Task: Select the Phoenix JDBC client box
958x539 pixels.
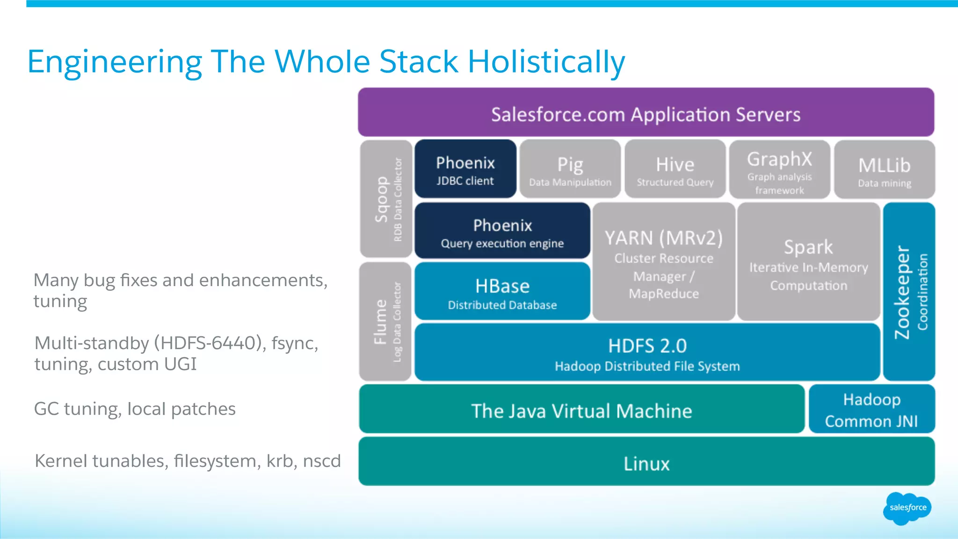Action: coord(465,169)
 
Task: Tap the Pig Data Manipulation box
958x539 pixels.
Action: coord(570,169)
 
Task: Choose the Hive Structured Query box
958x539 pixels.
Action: coord(675,169)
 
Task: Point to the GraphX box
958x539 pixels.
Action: coord(780,169)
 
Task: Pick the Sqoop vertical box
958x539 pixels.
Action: coord(386,199)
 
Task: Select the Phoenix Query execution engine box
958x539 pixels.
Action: coord(502,231)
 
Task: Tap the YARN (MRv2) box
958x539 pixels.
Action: coord(664,262)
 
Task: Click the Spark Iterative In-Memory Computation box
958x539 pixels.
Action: coord(809,262)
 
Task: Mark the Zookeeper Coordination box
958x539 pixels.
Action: coord(909,292)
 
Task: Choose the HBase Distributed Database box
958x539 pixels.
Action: coord(502,292)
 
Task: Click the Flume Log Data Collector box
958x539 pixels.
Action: coord(385,322)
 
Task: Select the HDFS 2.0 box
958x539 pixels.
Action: coord(647,352)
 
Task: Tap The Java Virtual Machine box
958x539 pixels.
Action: coord(581,410)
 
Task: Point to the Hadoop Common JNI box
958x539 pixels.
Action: coord(871,410)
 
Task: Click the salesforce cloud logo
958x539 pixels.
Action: coord(907,508)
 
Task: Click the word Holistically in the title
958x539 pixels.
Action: coord(546,62)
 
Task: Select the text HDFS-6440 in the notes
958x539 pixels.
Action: coord(208,343)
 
